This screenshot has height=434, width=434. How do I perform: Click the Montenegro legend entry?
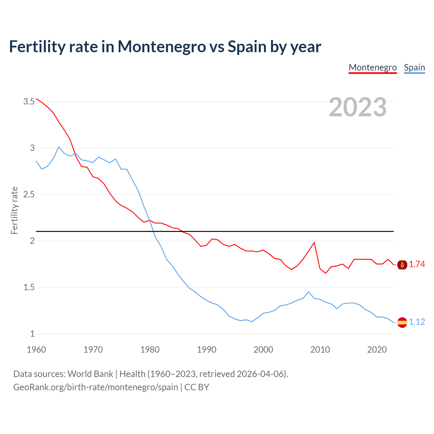pyautogui.click(x=373, y=67)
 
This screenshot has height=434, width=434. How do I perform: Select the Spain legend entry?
pyautogui.click(x=414, y=67)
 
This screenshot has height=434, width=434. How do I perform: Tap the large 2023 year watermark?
pyautogui.click(x=358, y=107)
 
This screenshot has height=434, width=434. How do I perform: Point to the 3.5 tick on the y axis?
pyautogui.click(x=29, y=101)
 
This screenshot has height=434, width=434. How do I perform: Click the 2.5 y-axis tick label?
pyautogui.click(x=29, y=194)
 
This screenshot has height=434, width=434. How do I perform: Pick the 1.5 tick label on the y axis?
pyautogui.click(x=29, y=287)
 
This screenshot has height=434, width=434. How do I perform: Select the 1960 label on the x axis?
pyautogui.click(x=36, y=350)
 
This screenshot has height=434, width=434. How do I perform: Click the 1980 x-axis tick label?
pyautogui.click(x=150, y=350)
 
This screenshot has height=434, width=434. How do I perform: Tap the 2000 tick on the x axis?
pyautogui.click(x=263, y=350)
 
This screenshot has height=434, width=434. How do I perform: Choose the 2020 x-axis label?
pyautogui.click(x=377, y=350)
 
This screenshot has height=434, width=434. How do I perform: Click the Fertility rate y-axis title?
pyautogui.click(x=14, y=210)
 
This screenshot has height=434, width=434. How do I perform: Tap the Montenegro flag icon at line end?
pyautogui.click(x=402, y=264)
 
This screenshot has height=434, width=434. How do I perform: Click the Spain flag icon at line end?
pyautogui.click(x=402, y=322)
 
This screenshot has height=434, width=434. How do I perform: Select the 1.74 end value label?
pyautogui.click(x=417, y=264)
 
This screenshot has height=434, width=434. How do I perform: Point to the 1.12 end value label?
pyautogui.click(x=417, y=322)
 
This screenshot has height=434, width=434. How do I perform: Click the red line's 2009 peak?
pyautogui.click(x=314, y=242)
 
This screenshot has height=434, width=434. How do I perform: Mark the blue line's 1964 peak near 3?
pyautogui.click(x=59, y=147)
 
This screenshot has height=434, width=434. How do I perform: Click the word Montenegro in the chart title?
pyautogui.click(x=162, y=46)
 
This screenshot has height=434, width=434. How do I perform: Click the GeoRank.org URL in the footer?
pyautogui.click(x=96, y=387)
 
